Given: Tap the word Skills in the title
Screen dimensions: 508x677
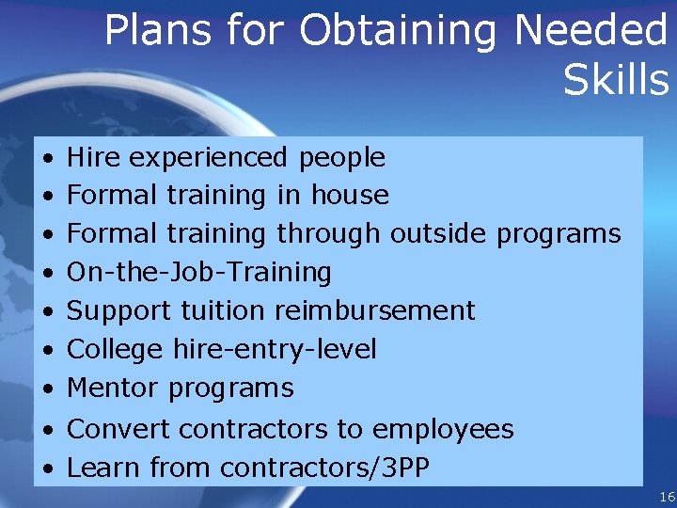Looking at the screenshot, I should [x=616, y=80].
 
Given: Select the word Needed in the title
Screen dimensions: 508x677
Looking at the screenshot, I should [x=590, y=31].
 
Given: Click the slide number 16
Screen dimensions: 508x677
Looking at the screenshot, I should [x=667, y=497].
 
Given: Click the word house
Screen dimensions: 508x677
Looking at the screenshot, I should [x=350, y=195].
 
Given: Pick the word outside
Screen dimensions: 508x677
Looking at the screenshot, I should [x=439, y=233].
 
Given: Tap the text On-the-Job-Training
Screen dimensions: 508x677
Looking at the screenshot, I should [x=199, y=273].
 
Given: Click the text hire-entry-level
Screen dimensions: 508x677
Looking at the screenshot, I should [x=275, y=350].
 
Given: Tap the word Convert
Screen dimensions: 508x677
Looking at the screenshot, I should [x=118, y=429].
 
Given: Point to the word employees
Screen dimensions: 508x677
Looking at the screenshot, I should [x=443, y=430].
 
